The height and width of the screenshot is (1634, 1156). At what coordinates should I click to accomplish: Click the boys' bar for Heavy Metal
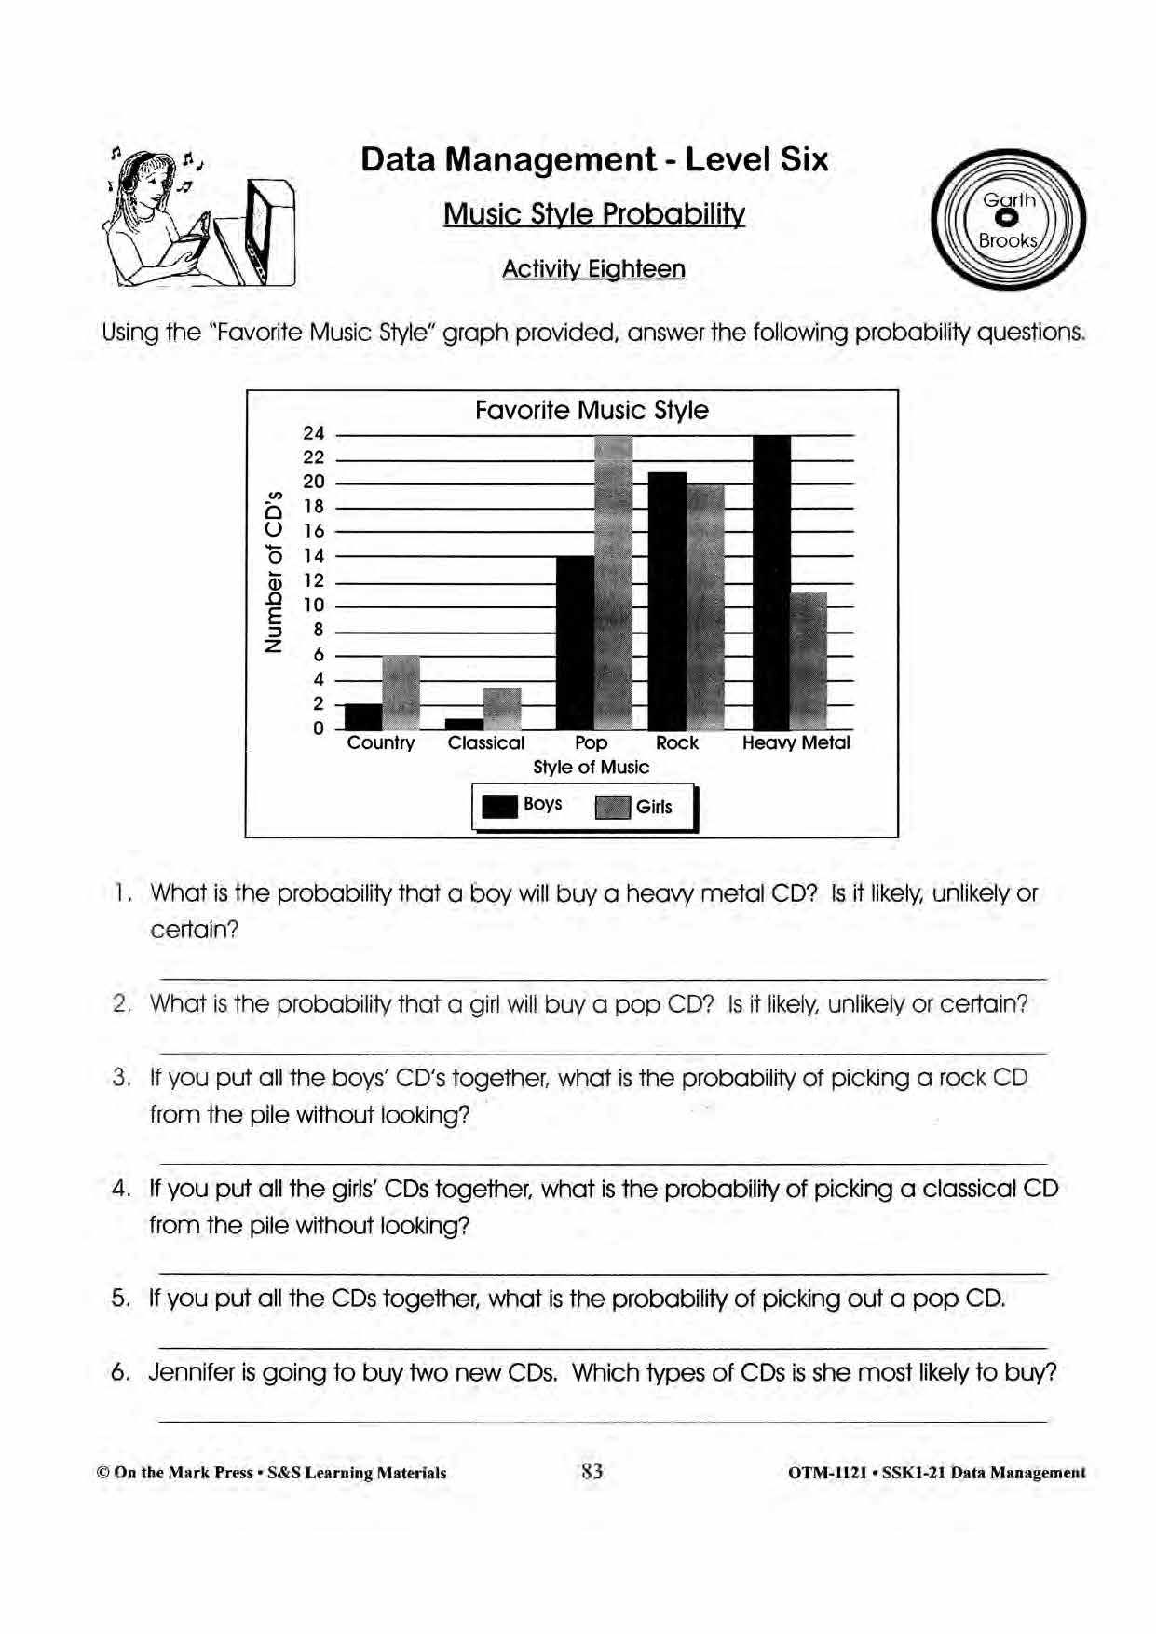771,582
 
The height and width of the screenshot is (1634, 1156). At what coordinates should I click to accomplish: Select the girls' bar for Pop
613,582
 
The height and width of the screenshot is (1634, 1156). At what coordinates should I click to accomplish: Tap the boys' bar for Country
363,716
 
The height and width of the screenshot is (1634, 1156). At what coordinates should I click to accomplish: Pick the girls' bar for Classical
502,708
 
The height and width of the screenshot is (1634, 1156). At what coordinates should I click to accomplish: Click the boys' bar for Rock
667,601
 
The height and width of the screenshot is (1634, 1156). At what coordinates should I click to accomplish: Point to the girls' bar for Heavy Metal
809,660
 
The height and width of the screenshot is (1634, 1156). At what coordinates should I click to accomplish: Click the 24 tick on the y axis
314,433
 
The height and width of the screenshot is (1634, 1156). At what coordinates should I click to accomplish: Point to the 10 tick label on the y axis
314,606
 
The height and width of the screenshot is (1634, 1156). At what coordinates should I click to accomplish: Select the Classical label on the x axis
485,743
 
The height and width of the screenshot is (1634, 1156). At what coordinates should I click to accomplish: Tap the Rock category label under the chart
676,743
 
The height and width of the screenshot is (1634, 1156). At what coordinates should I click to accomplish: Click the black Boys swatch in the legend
499,806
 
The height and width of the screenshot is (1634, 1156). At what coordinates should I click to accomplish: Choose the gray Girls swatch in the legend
613,807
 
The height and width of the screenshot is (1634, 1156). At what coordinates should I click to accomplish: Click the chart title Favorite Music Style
592,411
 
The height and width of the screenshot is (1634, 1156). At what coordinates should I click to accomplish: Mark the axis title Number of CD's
273,570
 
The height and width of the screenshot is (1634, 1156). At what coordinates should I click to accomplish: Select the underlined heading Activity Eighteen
593,269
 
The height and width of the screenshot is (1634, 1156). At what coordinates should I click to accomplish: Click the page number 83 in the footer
592,1472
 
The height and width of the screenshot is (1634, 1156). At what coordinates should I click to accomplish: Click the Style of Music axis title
591,768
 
